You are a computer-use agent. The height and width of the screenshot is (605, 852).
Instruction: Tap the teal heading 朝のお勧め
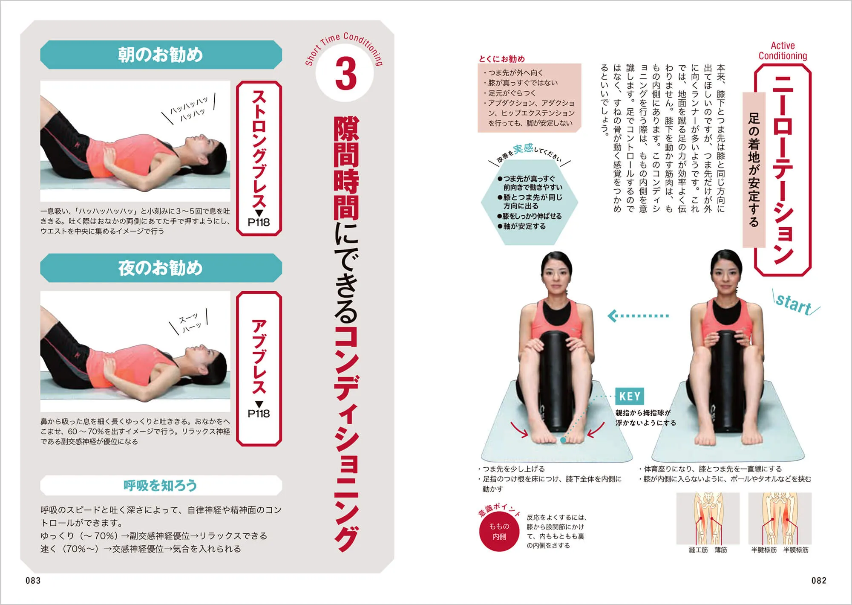[161, 55]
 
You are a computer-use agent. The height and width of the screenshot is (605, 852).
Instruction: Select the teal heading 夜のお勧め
[161, 268]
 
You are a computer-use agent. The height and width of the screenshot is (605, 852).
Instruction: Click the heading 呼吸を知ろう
[161, 485]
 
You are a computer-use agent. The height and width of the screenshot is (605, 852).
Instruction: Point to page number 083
[33, 580]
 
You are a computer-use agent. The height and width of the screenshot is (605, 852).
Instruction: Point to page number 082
[819, 580]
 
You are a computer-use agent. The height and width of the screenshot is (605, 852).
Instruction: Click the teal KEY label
[630, 397]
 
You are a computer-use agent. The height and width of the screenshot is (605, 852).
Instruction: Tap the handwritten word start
[793, 304]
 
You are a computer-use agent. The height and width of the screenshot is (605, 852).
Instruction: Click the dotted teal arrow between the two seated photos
[638, 316]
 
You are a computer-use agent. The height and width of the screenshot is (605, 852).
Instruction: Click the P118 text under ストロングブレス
[259, 222]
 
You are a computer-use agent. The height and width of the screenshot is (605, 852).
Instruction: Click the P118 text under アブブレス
[259, 413]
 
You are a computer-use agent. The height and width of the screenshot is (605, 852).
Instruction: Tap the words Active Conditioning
[783, 51]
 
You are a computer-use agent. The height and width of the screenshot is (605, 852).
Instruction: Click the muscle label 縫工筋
[698, 550]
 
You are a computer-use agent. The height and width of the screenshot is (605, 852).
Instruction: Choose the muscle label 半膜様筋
[796, 550]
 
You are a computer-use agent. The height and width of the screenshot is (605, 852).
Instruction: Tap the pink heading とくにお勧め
[501, 59]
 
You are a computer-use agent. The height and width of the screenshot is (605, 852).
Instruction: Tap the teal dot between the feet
[563, 440]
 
